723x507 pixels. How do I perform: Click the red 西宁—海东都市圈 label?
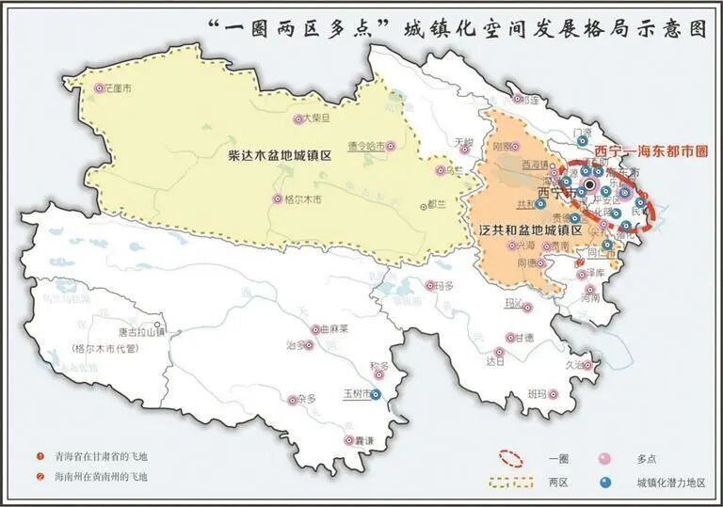651,150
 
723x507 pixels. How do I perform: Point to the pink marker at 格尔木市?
277,199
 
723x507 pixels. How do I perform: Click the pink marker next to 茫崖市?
99,89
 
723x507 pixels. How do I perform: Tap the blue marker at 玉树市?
376,396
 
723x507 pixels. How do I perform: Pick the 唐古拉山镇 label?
140,332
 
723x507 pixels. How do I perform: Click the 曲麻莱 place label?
334,330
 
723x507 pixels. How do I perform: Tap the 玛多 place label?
445,286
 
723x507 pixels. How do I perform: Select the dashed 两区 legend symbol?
512,483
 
